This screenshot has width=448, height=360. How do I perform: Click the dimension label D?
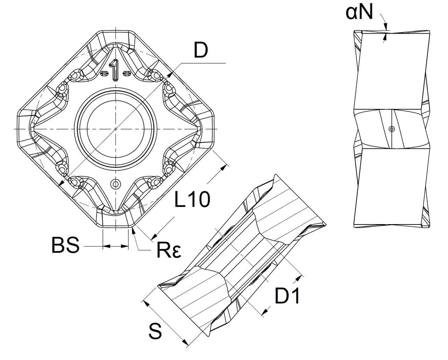click(201, 51)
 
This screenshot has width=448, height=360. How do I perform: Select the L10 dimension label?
click(192, 200)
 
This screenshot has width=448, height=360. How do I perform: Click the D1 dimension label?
click(287, 297)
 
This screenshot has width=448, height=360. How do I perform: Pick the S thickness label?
click(155, 331)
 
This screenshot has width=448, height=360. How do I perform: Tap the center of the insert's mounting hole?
click(115, 129)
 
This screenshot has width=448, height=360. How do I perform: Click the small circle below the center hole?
click(115, 183)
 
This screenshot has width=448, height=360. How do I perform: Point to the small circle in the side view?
click(392, 129)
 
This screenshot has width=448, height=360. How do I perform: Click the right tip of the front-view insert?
click(214, 129)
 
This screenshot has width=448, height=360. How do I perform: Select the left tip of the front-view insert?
click(17, 129)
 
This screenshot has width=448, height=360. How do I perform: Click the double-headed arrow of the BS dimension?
click(115, 247)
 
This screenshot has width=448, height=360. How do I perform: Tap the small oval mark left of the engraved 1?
click(104, 74)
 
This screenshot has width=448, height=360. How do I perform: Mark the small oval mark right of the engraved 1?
click(127, 74)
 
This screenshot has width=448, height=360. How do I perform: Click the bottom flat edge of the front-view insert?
click(115, 228)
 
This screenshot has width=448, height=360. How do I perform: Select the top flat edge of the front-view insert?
click(115, 30)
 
